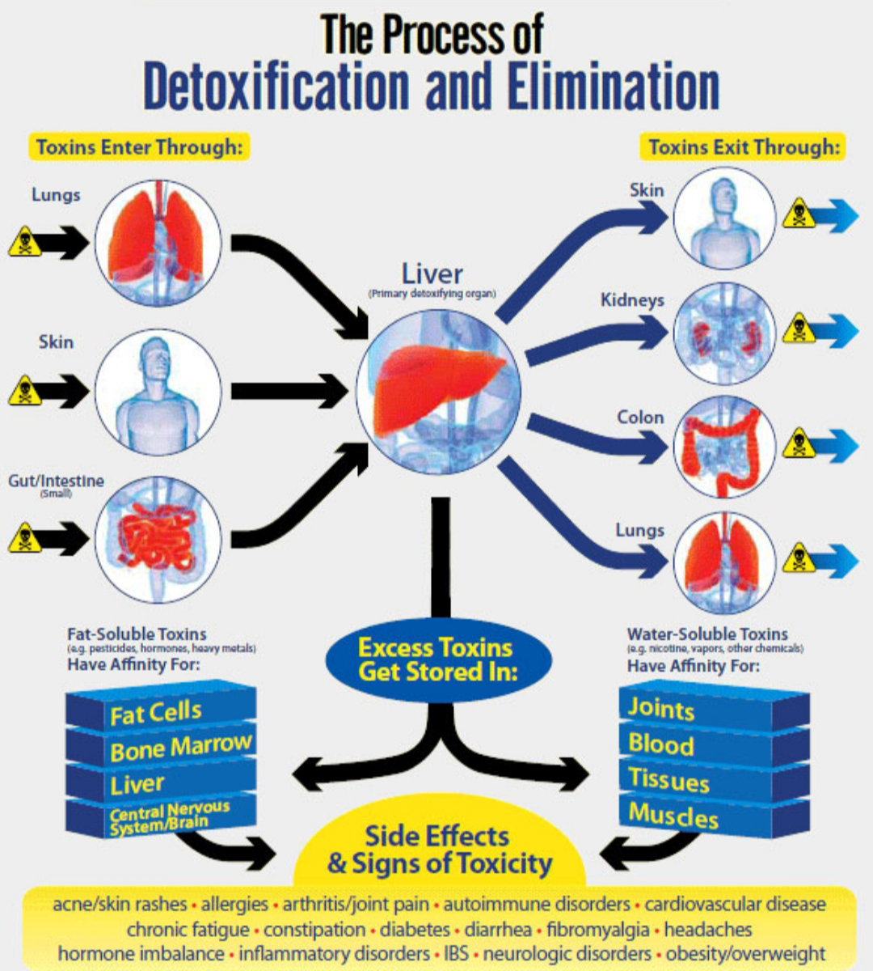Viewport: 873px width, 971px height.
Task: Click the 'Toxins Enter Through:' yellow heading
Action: pyautogui.click(x=139, y=147)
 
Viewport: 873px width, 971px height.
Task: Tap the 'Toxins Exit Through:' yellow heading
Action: pyautogui.click(x=743, y=147)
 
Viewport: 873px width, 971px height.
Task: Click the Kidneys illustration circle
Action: pyautogui.click(x=724, y=333)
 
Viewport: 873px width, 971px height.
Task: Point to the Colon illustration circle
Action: pyautogui.click(x=724, y=447)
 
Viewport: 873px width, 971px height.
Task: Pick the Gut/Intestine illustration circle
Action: pyautogui.click(x=158, y=540)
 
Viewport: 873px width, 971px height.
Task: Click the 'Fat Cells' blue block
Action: pyautogui.click(x=161, y=708)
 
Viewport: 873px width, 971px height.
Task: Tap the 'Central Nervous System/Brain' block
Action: pyautogui.click(x=161, y=818)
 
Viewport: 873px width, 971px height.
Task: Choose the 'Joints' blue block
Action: pyautogui.click(x=715, y=708)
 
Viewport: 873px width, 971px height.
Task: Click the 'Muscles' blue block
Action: pyautogui.click(x=715, y=817)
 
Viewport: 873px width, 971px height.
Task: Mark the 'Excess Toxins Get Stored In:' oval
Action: pyautogui.click(x=438, y=660)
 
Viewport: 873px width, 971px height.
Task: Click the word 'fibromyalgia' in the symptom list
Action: pyautogui.click(x=598, y=930)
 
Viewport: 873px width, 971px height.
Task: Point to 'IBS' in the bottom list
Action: pyautogui.click(x=457, y=953)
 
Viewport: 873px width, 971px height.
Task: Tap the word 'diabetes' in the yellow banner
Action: pyautogui.click(x=415, y=930)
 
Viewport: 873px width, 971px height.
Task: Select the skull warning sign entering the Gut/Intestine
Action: pyautogui.click(x=24, y=538)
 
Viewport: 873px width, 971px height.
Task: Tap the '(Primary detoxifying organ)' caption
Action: pyautogui.click(x=432, y=294)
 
